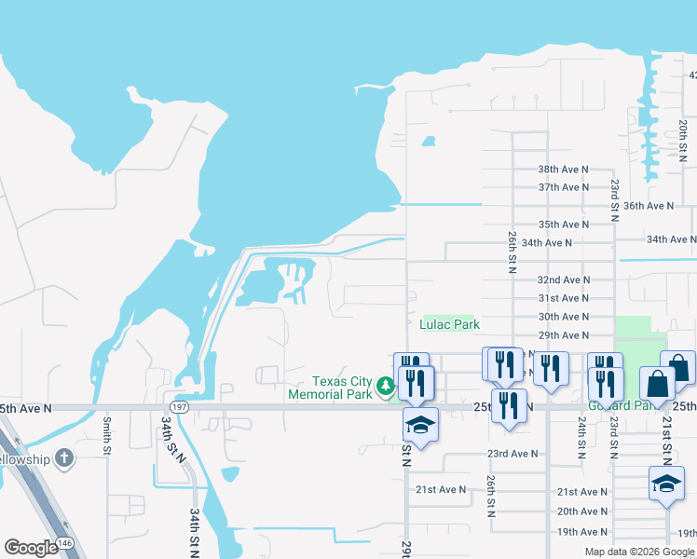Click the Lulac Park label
pos(451,324)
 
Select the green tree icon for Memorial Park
pos(385,385)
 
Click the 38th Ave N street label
pos(564,169)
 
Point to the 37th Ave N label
pos(564,187)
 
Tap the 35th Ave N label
pos(564,225)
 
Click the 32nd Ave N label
pos(564,279)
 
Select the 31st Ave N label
pos(564,298)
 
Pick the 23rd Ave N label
pos(512,454)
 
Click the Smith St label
pos(108,436)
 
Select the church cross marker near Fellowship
pos(63,457)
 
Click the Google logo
pos(31,548)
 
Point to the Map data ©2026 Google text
pos(638,552)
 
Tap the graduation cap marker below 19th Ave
pos(666,484)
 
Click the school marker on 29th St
pos(420,426)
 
